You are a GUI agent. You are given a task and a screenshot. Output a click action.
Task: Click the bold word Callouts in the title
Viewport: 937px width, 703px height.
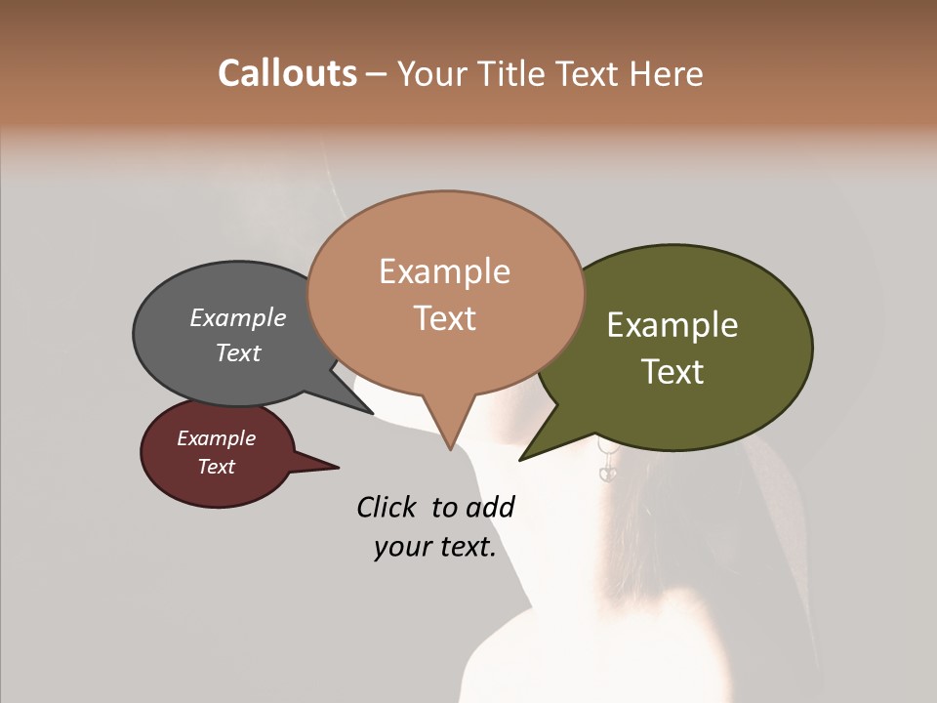coord(287,73)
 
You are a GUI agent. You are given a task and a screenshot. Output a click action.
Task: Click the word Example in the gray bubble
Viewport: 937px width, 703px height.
coord(237,318)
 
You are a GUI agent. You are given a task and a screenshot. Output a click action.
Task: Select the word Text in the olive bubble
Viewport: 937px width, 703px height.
coord(672,372)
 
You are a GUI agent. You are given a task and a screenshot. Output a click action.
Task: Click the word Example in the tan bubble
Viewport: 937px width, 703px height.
coord(444,271)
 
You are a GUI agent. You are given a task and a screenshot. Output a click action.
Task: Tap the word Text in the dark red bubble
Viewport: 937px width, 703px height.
coord(216,467)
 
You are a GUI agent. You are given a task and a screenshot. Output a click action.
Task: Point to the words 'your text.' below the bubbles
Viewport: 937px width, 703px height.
coord(434,548)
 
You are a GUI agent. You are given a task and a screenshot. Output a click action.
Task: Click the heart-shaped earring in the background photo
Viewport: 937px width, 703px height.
coord(607,472)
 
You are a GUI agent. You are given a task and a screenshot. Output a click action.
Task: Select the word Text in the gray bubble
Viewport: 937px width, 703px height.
coord(237,352)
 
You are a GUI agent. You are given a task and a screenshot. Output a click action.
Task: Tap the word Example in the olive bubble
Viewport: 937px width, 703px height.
coord(672,325)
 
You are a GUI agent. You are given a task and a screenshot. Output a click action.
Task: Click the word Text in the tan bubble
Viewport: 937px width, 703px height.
coord(444,318)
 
